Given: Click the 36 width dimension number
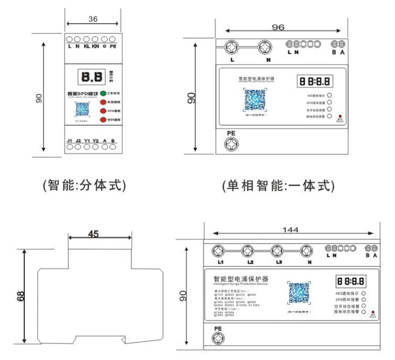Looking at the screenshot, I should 93,19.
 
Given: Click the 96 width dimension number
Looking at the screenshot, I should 278,27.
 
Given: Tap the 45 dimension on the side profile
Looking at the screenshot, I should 93,234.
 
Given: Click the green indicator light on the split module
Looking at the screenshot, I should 103,94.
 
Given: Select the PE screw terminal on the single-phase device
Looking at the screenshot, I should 231,144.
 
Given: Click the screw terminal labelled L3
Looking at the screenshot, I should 277,251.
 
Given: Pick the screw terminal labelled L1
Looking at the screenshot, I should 218,251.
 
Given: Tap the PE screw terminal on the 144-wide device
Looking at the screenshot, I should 218,338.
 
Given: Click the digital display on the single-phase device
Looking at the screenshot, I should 315,81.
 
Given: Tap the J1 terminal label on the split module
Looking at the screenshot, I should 70,140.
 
